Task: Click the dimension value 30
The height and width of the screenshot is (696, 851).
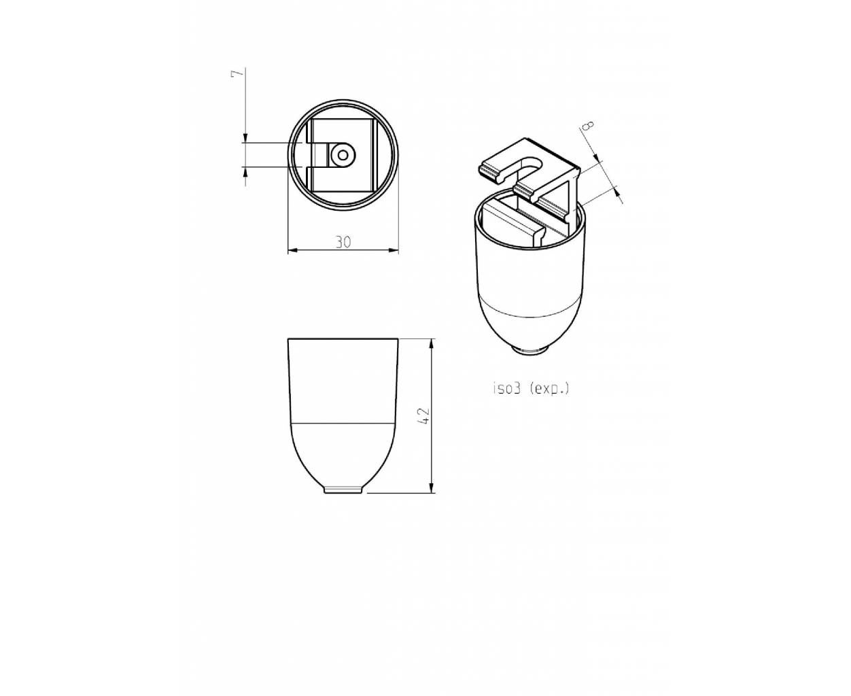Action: tap(343, 242)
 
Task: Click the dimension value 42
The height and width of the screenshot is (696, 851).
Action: tap(424, 415)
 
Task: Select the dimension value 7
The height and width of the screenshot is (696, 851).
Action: tap(237, 74)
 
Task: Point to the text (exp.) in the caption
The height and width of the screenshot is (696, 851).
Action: tap(549, 389)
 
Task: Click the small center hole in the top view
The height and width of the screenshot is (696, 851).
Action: tap(343, 154)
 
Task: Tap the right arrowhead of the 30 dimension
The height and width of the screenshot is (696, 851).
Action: tap(394, 251)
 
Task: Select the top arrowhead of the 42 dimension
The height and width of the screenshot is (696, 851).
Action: tap(432, 344)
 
